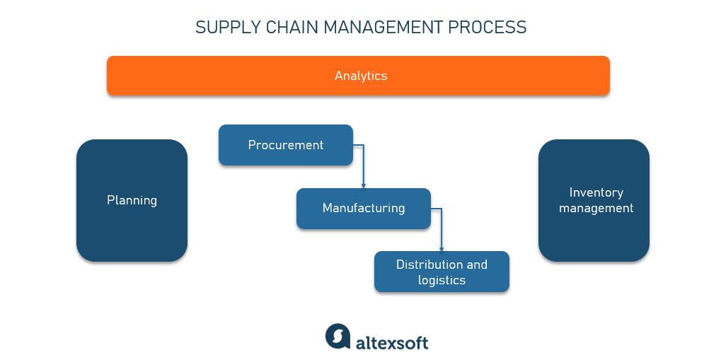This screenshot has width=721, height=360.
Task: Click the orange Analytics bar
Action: pyautogui.click(x=358, y=76)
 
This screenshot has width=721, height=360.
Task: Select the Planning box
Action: pyautogui.click(x=132, y=200)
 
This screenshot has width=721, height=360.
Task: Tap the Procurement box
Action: pyautogui.click(x=285, y=145)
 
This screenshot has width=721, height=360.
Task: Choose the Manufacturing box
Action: pyautogui.click(x=363, y=208)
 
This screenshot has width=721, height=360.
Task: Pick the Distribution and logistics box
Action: pyautogui.click(x=442, y=272)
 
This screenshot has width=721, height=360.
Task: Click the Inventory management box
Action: pyautogui.click(x=594, y=200)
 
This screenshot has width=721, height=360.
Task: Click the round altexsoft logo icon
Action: pyautogui.click(x=338, y=337)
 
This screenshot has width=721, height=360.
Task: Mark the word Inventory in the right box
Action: pyautogui.click(x=596, y=192)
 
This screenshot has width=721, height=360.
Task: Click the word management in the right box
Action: pyautogui.click(x=596, y=208)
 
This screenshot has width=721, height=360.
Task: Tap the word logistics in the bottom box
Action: pyautogui.click(x=442, y=280)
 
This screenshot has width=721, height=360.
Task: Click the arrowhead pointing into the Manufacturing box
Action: pyautogui.click(x=364, y=185)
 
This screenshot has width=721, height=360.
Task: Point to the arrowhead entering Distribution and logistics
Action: pyautogui.click(x=442, y=248)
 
